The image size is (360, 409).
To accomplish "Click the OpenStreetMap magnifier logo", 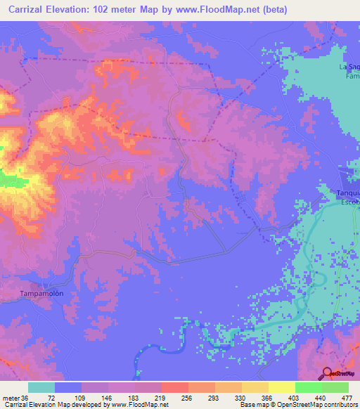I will coord(327,372).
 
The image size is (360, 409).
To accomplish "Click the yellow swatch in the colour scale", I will coord(281,387).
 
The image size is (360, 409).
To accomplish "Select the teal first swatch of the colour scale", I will coord(41,387).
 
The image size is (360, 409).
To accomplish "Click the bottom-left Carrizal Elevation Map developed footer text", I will coord(84,405).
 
